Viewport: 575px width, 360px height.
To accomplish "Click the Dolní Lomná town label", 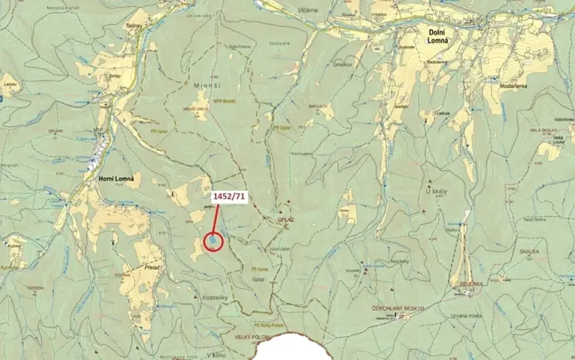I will [x=439, y=34].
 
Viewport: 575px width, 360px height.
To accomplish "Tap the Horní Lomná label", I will [x=117, y=178].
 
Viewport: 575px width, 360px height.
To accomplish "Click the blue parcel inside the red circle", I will [x=212, y=242].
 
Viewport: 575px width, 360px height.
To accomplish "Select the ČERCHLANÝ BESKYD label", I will [x=397, y=308].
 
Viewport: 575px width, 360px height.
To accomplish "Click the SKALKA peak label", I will [x=529, y=251].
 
